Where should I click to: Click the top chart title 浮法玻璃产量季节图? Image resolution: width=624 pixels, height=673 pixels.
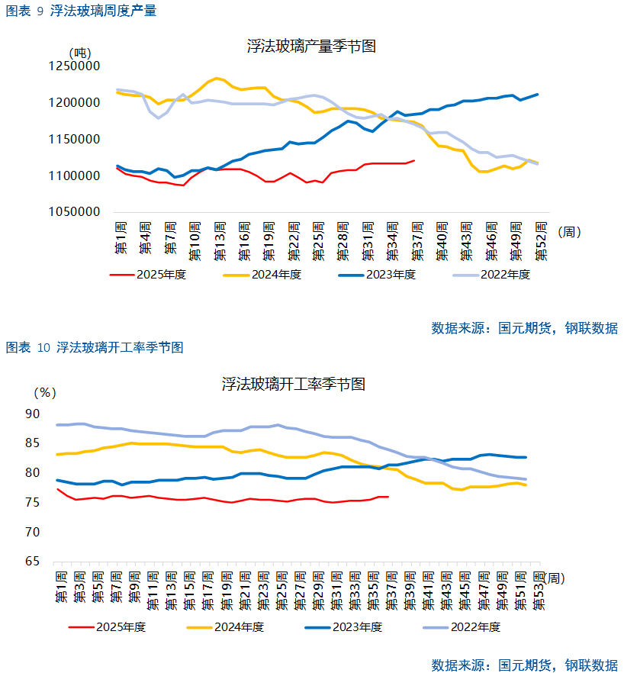click(x=311, y=46)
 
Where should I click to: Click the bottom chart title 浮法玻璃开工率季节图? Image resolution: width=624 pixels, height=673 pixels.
click(x=294, y=384)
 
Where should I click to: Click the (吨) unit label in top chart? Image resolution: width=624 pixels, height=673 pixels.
click(x=79, y=53)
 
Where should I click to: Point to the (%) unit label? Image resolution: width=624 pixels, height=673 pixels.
click(x=46, y=393)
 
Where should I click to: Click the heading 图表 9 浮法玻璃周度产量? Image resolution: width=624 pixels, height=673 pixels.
click(x=81, y=11)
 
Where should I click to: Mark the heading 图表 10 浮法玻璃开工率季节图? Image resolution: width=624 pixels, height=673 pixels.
click(x=95, y=348)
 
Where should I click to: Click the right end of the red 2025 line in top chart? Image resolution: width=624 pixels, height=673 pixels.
click(x=413, y=160)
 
